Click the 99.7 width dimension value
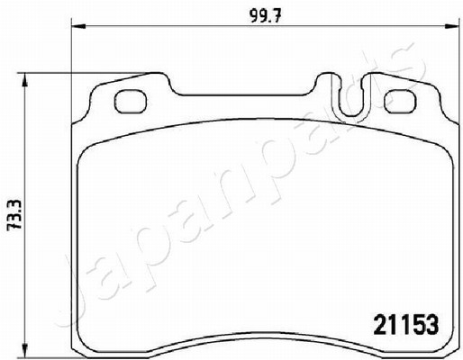pyautogui.click(x=265, y=18)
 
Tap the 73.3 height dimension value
pyautogui.click(x=14, y=214)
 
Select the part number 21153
pyautogui.click(x=406, y=325)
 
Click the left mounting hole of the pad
pyautogui.click(x=131, y=102)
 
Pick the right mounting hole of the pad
pyautogui.click(x=401, y=102)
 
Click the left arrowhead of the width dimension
pyautogui.click(x=78, y=26)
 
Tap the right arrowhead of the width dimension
pyautogui.click(x=452, y=26)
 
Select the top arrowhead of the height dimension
pyautogui.click(x=25, y=80)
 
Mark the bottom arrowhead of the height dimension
pyautogui.click(x=25, y=351)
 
